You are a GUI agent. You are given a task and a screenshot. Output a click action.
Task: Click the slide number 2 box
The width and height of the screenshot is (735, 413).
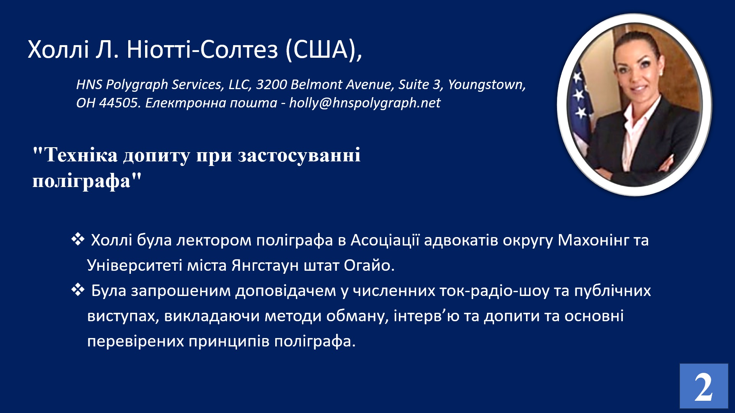[x=704, y=386]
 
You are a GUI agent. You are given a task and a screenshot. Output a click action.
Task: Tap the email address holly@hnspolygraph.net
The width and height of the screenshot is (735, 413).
[x=365, y=103]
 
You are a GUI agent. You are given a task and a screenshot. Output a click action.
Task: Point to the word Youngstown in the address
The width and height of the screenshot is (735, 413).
[x=487, y=85]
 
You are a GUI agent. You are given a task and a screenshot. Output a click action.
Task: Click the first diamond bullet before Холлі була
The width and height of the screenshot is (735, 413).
[x=78, y=239]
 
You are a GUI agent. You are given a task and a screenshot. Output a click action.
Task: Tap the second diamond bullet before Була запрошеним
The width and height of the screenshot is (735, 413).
[x=78, y=290]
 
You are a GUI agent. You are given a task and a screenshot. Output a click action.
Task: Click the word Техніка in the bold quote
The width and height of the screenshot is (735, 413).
[x=80, y=155]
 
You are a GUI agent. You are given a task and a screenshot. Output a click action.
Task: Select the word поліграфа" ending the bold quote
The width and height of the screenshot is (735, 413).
[x=87, y=180]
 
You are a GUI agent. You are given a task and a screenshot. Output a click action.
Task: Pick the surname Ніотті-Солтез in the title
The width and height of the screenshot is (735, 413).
[x=202, y=50]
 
